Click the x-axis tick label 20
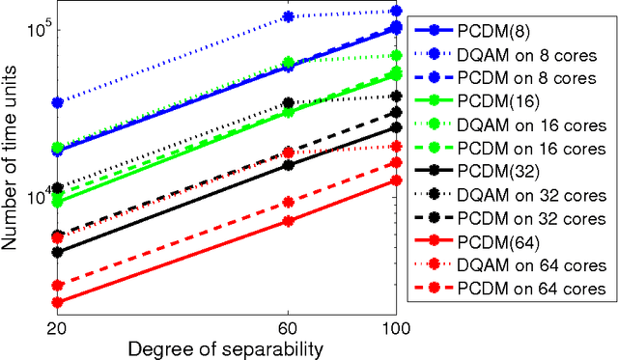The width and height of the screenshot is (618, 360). (57, 324)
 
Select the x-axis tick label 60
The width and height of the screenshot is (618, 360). (287, 324)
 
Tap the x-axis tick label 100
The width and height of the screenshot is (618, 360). (393, 324)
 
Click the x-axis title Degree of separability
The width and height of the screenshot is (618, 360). (225, 346)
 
